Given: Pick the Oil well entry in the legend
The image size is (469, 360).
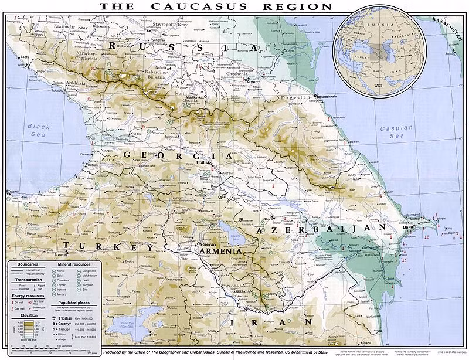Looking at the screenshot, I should coord(21,303).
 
